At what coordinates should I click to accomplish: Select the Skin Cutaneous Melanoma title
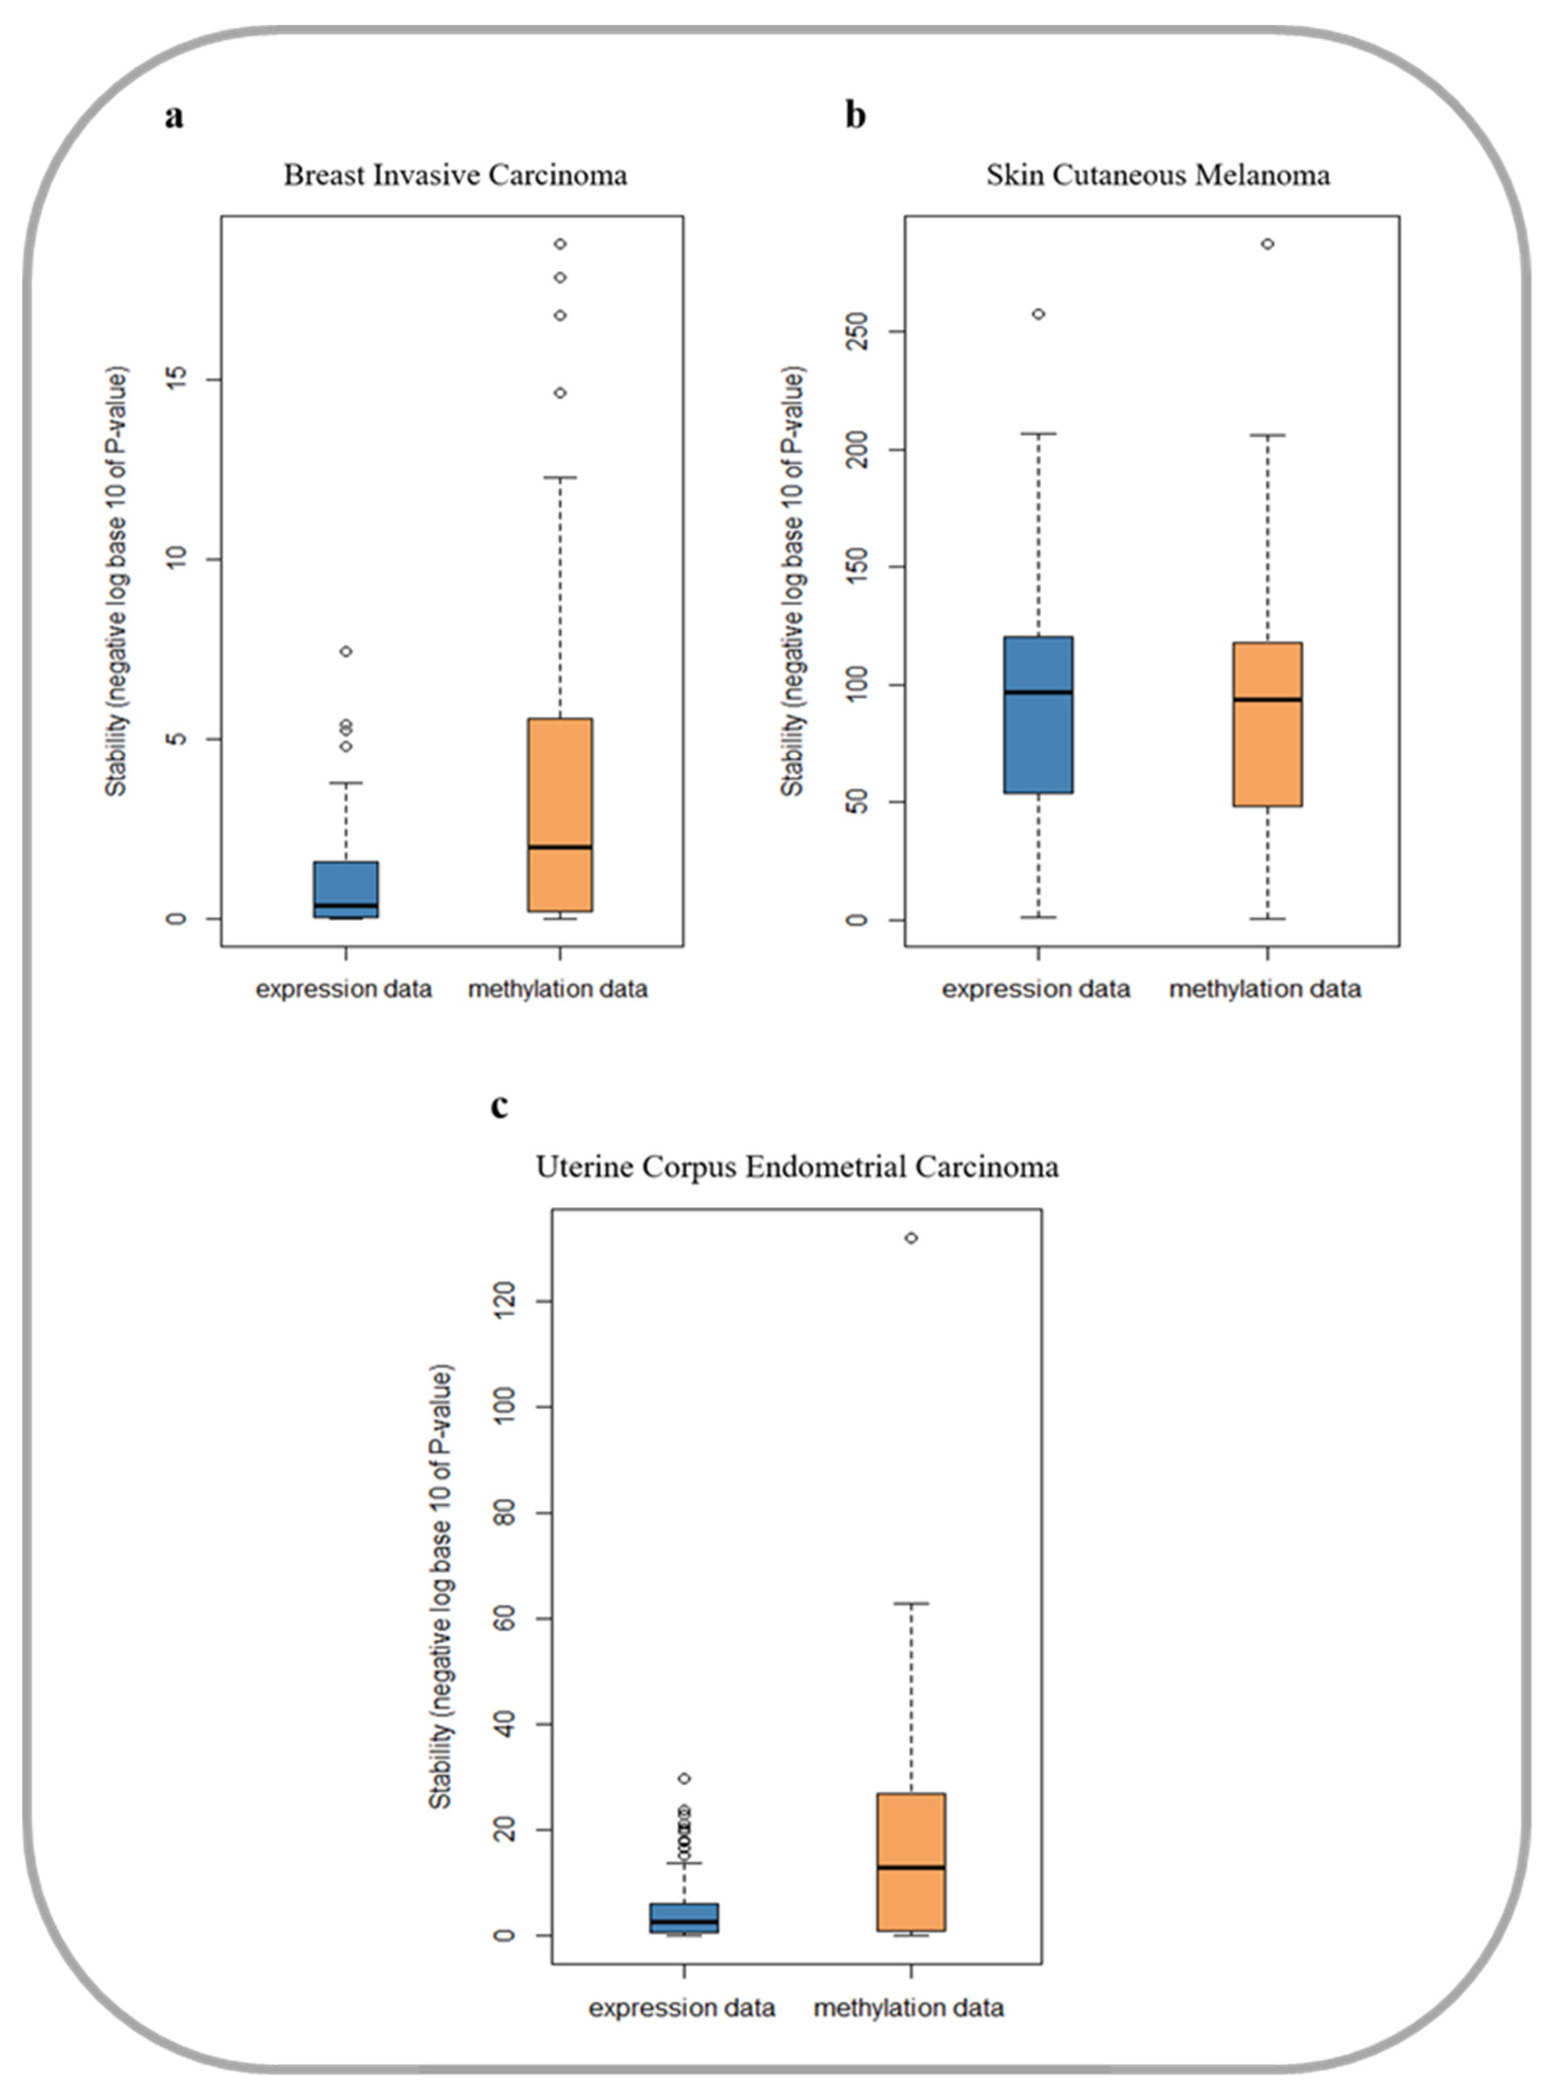1157,176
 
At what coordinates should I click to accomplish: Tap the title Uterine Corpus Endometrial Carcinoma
797,1167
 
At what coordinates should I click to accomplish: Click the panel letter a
174,117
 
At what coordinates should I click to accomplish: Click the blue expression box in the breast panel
345,888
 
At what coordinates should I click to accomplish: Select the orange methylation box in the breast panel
560,814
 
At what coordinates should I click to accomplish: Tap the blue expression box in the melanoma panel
1038,714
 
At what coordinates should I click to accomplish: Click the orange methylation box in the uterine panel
910,1861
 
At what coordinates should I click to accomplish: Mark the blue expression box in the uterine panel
684,1917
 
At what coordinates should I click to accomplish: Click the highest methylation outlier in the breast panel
560,244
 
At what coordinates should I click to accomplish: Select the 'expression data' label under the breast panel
344,989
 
